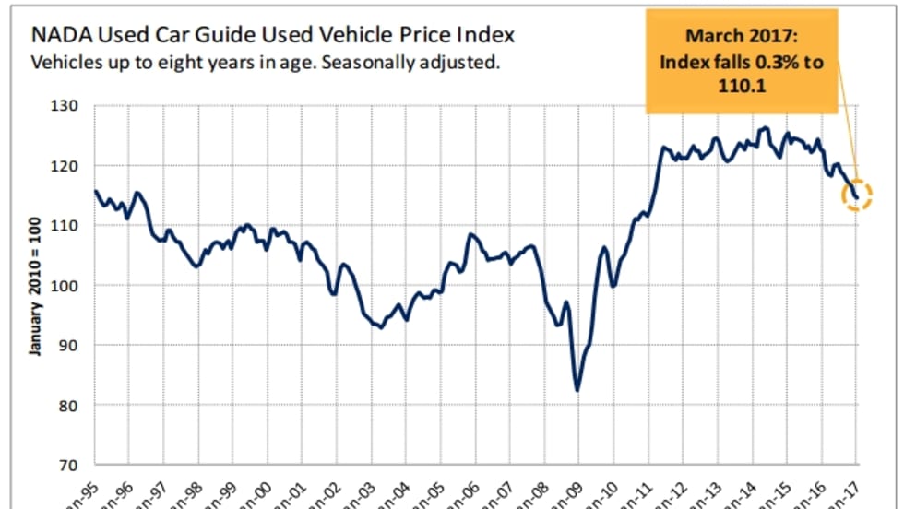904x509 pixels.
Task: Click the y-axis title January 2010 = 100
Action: [x=34, y=286]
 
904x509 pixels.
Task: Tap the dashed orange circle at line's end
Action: [x=856, y=195]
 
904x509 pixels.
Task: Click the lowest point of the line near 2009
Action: [x=577, y=390]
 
